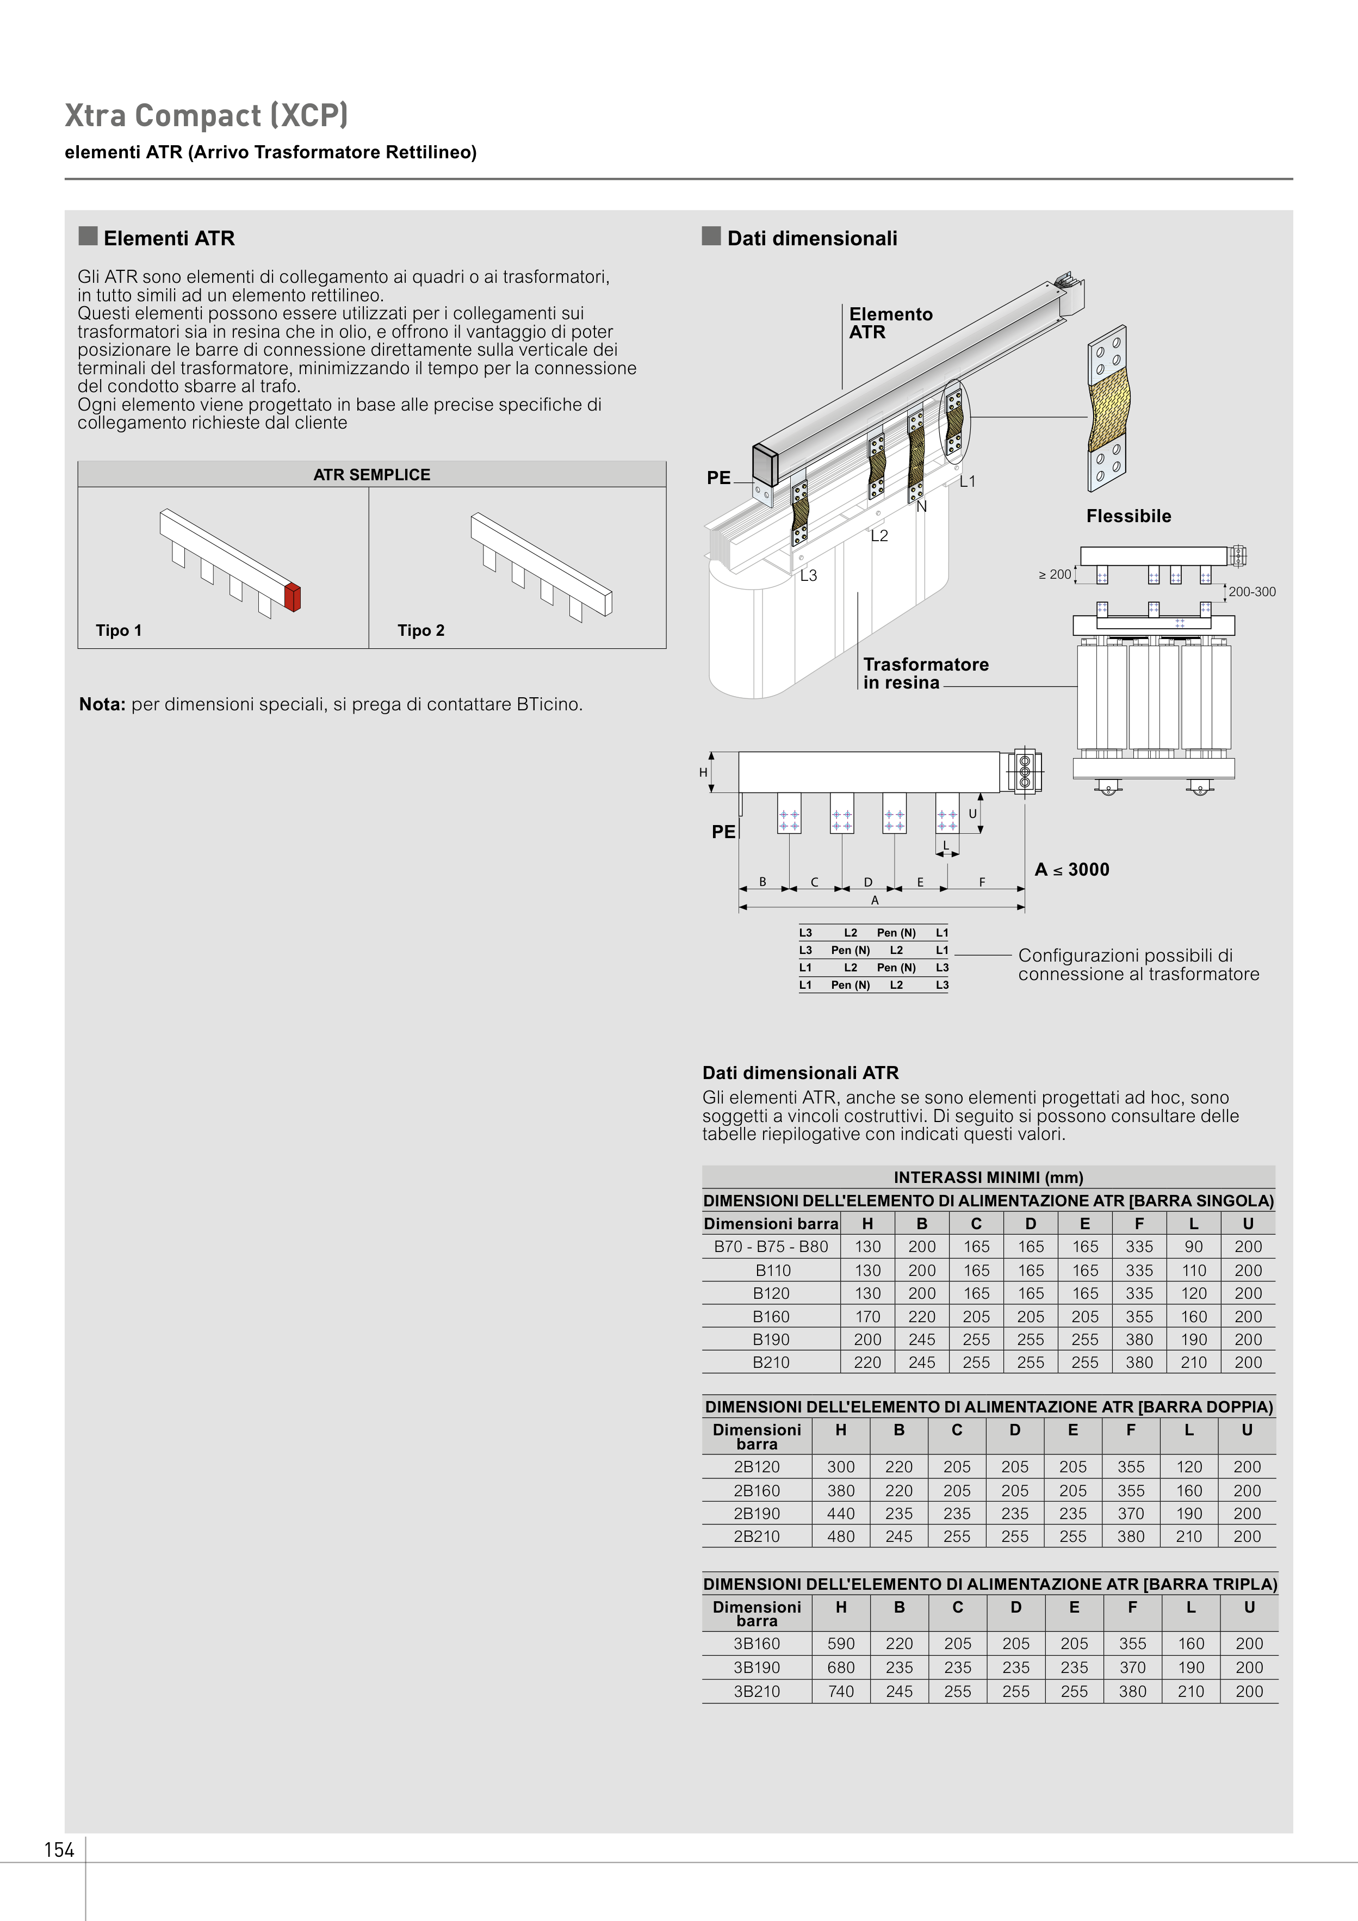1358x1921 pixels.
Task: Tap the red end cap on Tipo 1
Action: pyautogui.click(x=292, y=597)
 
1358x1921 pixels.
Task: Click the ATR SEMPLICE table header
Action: pyautogui.click(x=371, y=474)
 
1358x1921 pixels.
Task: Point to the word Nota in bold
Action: pyautogui.click(x=102, y=704)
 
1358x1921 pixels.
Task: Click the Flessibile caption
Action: pyautogui.click(x=1128, y=516)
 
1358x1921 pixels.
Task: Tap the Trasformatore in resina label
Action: pyautogui.click(x=926, y=673)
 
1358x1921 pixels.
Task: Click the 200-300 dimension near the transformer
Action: pyautogui.click(x=1252, y=592)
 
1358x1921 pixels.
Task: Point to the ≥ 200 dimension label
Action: pyautogui.click(x=1055, y=574)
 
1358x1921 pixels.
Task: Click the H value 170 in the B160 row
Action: pyautogui.click(x=867, y=1316)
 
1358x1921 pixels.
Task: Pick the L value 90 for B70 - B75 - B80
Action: pyautogui.click(x=1193, y=1247)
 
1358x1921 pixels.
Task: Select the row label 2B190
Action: pyautogui.click(x=756, y=1514)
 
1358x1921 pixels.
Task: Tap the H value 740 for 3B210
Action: pyautogui.click(x=841, y=1691)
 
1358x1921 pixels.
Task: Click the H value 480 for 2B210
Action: pyautogui.click(x=841, y=1536)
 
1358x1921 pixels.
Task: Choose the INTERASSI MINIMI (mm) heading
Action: pyautogui.click(x=988, y=1177)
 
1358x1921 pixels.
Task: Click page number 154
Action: pyautogui.click(x=59, y=1850)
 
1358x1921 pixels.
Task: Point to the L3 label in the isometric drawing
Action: pyautogui.click(x=808, y=575)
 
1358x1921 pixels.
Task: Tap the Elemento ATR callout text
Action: pyautogui.click(x=890, y=323)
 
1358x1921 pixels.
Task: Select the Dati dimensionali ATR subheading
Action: pyautogui.click(x=800, y=1073)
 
